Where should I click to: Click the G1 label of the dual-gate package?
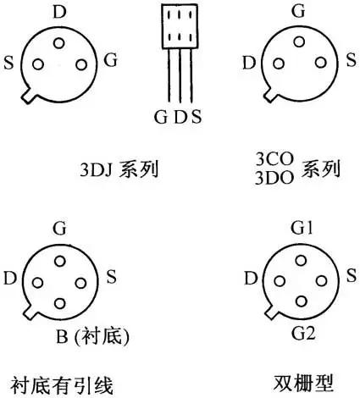tap(302, 228)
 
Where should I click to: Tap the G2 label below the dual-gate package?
tap(303, 334)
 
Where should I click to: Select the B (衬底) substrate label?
tap(92, 336)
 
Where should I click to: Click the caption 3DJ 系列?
tap(119, 169)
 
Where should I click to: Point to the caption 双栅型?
tap(303, 383)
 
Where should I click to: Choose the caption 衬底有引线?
tap(62, 386)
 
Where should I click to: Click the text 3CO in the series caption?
tap(274, 159)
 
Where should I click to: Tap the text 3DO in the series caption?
tap(274, 178)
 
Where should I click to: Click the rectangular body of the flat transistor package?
tap(180, 26)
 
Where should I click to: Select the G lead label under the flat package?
tap(161, 117)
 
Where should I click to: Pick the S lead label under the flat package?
tap(197, 117)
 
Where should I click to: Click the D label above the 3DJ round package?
tap(59, 12)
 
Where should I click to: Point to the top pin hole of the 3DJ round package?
tap(59, 43)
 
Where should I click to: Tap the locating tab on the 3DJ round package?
tap(29, 96)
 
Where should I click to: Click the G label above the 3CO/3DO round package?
tap(298, 11)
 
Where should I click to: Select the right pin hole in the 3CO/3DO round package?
tap(321, 63)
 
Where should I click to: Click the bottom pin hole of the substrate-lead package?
tap(59, 303)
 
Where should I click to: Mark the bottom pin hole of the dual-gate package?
tap(302, 301)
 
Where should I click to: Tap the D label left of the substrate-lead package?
tap(10, 279)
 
